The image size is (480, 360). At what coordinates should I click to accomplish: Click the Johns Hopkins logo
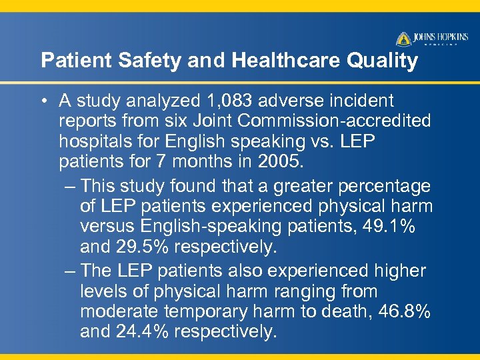[x=433, y=39]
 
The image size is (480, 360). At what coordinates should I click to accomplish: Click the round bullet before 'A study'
[x=43, y=101]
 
